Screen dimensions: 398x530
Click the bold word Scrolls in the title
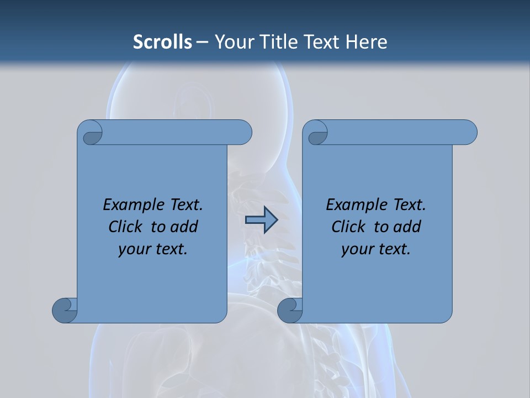click(x=162, y=42)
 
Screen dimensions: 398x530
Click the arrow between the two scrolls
click(x=261, y=220)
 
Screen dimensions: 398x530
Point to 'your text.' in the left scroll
click(x=153, y=249)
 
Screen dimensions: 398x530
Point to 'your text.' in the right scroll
click(x=376, y=249)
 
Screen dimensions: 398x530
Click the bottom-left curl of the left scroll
click(x=65, y=310)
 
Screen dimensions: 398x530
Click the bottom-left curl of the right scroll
click(x=290, y=310)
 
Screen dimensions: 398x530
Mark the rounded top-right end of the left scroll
click(x=243, y=133)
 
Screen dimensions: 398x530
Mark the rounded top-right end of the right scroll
click(x=468, y=133)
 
